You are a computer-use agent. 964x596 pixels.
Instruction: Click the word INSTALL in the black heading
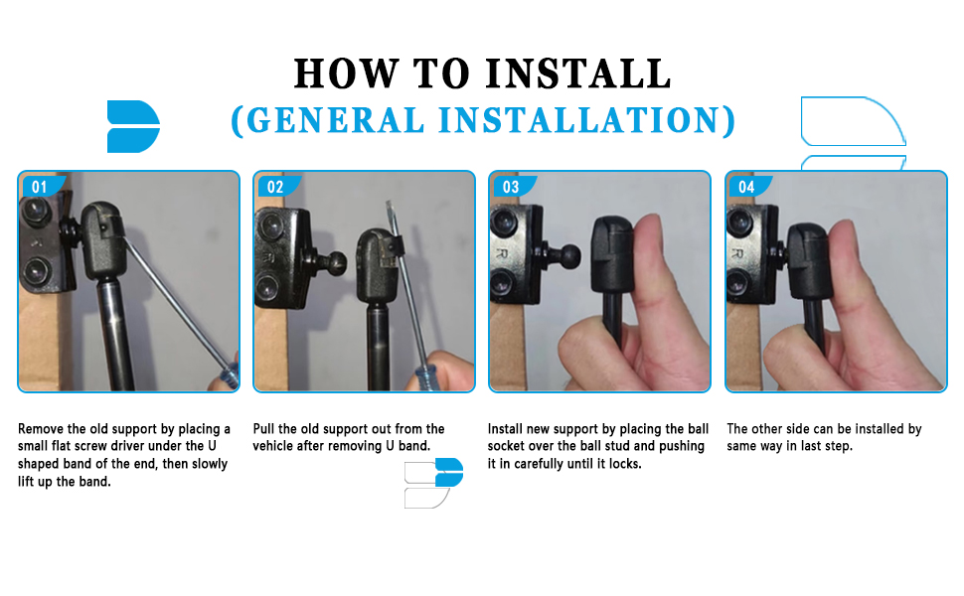pyautogui.click(x=578, y=74)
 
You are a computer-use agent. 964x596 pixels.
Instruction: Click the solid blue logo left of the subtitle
pyautogui.click(x=133, y=126)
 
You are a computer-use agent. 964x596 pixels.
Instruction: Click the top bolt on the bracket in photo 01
pyautogui.click(x=35, y=211)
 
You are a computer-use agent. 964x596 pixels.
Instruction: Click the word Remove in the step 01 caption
pyautogui.click(x=41, y=429)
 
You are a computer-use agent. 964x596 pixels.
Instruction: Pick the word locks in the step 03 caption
pyautogui.click(x=625, y=464)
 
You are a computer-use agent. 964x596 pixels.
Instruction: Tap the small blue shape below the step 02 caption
pyautogui.click(x=449, y=473)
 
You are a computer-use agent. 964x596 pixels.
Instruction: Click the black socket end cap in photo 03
pyautogui.click(x=612, y=255)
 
